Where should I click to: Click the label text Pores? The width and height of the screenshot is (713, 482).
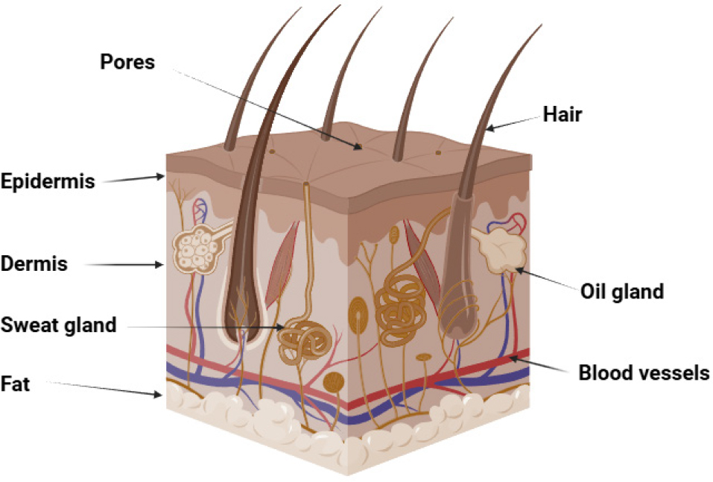[x=127, y=61]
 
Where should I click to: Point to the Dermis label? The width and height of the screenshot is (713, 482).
[x=34, y=263]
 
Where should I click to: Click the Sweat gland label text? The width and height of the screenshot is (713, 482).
[x=58, y=325]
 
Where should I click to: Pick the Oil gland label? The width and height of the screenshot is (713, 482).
[x=621, y=290]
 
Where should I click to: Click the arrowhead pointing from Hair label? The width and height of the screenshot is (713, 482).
[x=489, y=129]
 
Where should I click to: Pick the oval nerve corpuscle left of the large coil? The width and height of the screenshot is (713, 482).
[x=358, y=313]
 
